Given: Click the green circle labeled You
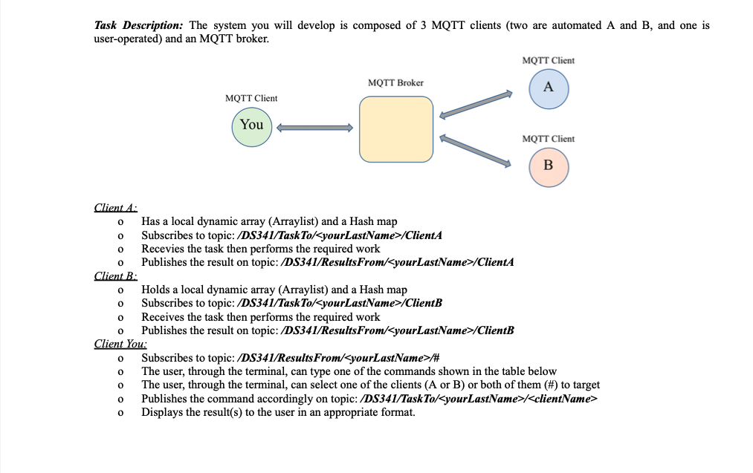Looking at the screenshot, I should coord(252,125).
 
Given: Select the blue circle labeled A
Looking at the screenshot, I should coord(548,88).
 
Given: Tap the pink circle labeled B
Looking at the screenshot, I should coord(548,165).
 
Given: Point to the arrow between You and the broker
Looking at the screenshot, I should coord(314,128).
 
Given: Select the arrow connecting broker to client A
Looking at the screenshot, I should coord(476,105).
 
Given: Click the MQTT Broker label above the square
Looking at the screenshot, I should coord(395,82).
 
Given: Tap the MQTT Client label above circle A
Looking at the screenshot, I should coord(548,60).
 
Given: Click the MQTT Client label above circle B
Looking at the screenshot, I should coord(548,139).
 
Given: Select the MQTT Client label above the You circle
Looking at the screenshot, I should coord(251,98).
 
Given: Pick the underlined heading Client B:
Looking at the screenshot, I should coord(111,276).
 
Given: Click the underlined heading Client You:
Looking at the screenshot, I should coord(120,345).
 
